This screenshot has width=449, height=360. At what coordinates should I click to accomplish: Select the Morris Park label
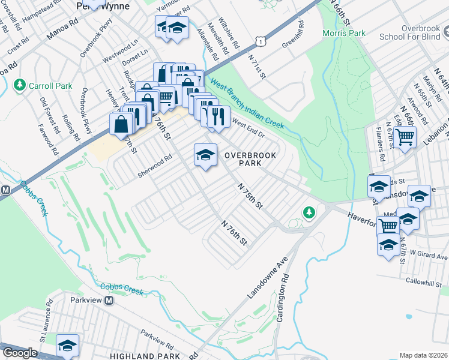pos(343,33)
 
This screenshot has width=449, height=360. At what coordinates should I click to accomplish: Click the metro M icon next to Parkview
pos(110,301)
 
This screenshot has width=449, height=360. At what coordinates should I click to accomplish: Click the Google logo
pos(20,353)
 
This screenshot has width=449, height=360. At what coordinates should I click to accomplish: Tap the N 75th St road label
pos(250,196)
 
